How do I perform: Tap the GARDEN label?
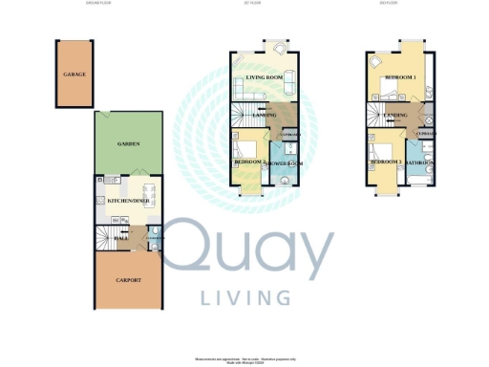[x=130, y=143]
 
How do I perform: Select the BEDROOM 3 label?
[x=387, y=163]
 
